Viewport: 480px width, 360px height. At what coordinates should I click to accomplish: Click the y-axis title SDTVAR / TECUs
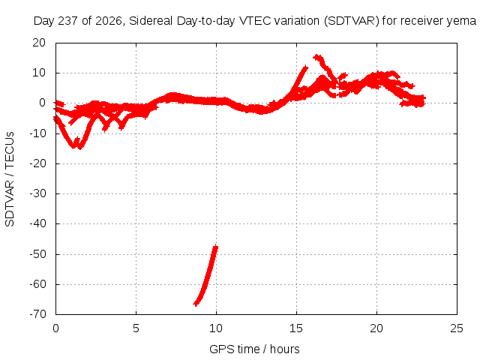click(x=10, y=179)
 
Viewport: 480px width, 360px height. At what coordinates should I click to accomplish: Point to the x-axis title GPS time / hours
click(x=254, y=349)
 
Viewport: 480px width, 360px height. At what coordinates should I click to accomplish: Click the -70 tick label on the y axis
click(x=38, y=314)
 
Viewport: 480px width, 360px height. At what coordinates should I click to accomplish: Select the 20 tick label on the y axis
click(x=39, y=43)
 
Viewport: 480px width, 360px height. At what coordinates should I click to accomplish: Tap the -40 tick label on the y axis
click(x=38, y=223)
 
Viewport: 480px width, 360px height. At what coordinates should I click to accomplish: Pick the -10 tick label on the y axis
click(x=38, y=133)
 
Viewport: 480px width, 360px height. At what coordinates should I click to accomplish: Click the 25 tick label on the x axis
click(x=457, y=328)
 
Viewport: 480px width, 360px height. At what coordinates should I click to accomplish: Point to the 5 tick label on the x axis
click(x=136, y=328)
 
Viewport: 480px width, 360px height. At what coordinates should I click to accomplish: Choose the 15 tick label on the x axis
click(x=296, y=328)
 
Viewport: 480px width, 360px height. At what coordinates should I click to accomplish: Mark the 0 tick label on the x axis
click(x=55, y=328)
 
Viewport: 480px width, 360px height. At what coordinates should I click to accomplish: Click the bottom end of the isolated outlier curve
click(x=196, y=304)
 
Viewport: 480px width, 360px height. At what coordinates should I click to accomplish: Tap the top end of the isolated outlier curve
click(x=216, y=246)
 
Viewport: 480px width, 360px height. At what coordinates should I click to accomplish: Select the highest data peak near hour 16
click(x=317, y=56)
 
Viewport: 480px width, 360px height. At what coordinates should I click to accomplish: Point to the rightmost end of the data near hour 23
click(x=424, y=100)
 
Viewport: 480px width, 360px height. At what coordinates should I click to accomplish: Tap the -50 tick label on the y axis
click(x=38, y=253)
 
